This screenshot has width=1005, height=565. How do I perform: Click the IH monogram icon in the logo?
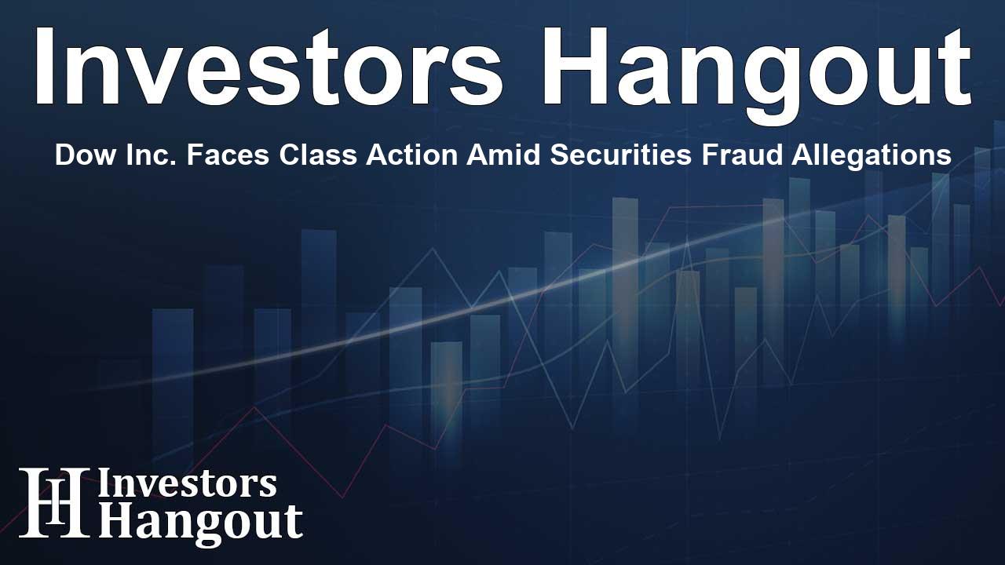(x=54, y=502)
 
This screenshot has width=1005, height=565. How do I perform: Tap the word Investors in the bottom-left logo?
(x=187, y=484)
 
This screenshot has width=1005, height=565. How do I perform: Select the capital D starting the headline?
(x=63, y=155)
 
